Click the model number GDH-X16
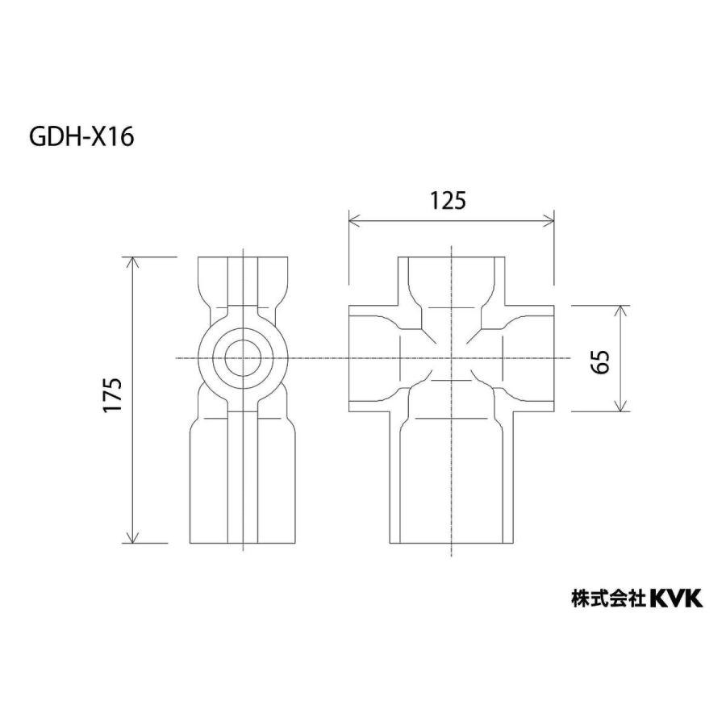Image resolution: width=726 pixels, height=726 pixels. click(81, 137)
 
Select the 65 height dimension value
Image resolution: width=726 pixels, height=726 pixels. click(599, 358)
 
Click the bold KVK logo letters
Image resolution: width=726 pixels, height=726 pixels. click(677, 598)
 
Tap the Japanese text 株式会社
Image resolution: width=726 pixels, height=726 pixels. click(607, 599)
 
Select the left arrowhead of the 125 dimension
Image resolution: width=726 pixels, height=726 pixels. click(353, 219)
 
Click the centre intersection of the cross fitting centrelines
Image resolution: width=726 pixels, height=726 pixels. click(452, 358)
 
